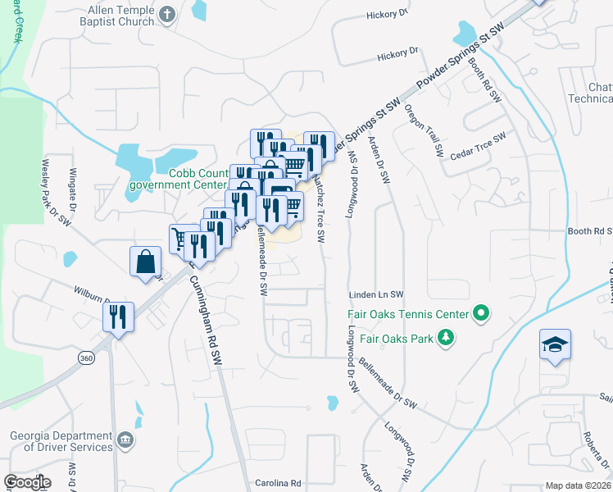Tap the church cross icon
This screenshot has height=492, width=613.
[x=167, y=14]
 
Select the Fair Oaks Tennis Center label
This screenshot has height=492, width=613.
[x=408, y=314]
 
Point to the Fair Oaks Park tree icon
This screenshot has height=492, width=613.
[x=445, y=337]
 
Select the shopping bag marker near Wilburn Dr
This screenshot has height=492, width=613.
[x=145, y=262]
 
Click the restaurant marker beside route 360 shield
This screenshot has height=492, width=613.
[x=118, y=317]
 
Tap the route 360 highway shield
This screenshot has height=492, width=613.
[x=86, y=358]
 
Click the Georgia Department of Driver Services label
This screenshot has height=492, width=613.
[x=61, y=441]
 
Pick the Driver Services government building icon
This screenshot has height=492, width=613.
[x=125, y=441]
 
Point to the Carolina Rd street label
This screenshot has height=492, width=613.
[x=279, y=483]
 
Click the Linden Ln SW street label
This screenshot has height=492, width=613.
[x=377, y=294]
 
